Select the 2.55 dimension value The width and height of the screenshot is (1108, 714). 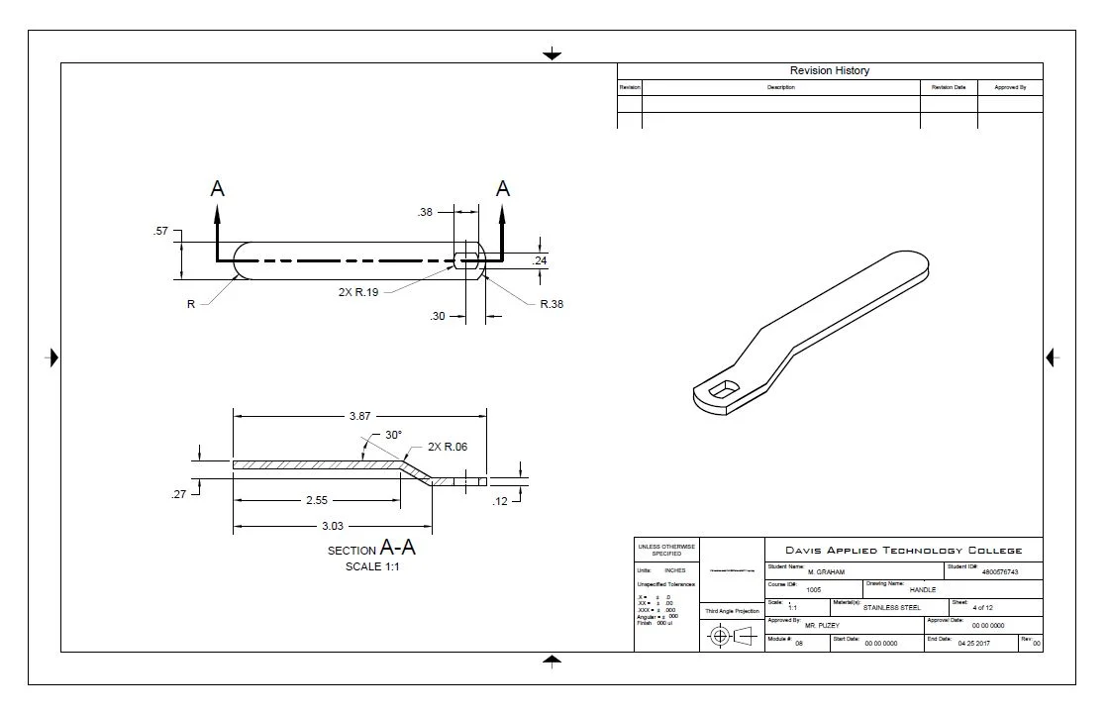[317, 500]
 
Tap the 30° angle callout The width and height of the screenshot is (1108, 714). [393, 435]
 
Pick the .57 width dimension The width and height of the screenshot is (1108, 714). [160, 231]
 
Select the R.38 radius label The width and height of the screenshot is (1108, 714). [552, 304]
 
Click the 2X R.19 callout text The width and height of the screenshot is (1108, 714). [359, 291]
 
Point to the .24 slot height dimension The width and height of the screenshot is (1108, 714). [540, 260]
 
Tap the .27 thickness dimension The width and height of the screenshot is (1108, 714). [178, 493]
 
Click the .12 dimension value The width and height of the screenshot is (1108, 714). [501, 501]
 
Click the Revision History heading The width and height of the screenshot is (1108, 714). [829, 70]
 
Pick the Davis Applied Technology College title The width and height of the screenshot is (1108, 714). [902, 551]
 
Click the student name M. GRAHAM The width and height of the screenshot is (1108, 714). [825, 572]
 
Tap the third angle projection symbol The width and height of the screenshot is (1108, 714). [732, 637]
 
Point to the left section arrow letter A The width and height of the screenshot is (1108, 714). [217, 188]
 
